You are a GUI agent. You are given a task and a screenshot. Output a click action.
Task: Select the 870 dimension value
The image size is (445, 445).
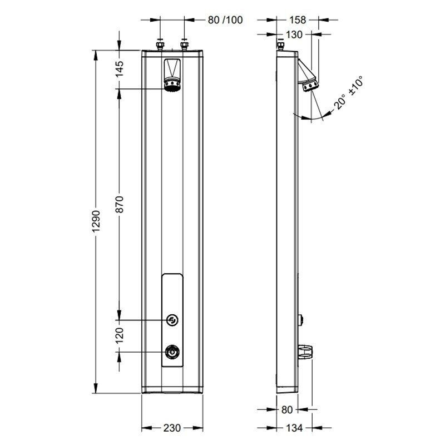[120, 204]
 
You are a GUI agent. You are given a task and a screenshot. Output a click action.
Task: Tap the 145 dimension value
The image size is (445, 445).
[120, 68]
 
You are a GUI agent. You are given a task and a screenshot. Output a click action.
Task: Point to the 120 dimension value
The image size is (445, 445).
[120, 335]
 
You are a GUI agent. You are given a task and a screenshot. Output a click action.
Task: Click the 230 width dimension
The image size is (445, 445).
[172, 428]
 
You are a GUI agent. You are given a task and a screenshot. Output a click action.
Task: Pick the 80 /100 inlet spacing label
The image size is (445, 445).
[225, 20]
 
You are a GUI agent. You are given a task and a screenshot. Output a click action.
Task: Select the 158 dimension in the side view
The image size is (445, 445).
[298, 20]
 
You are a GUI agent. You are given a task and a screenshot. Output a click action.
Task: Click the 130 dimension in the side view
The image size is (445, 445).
[294, 34]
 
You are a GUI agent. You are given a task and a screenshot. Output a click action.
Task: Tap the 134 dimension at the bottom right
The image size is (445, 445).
[294, 428]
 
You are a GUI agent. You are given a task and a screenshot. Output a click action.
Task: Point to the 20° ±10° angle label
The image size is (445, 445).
[349, 92]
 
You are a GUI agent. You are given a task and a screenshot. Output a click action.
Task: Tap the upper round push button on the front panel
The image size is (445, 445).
[172, 320]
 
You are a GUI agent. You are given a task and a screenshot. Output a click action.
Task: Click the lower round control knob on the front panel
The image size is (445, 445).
[172, 352]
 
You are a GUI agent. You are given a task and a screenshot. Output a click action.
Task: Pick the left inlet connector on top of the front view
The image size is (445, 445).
[160, 46]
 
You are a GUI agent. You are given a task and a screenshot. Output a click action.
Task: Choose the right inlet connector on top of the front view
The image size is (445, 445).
[184, 46]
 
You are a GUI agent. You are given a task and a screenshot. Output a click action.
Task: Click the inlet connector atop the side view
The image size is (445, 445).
[281, 46]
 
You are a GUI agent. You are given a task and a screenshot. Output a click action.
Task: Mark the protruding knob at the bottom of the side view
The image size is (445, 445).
[305, 353]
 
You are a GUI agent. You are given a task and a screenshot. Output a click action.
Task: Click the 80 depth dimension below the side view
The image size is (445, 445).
[287, 410]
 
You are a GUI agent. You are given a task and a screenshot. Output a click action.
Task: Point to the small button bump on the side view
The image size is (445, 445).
[301, 320]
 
